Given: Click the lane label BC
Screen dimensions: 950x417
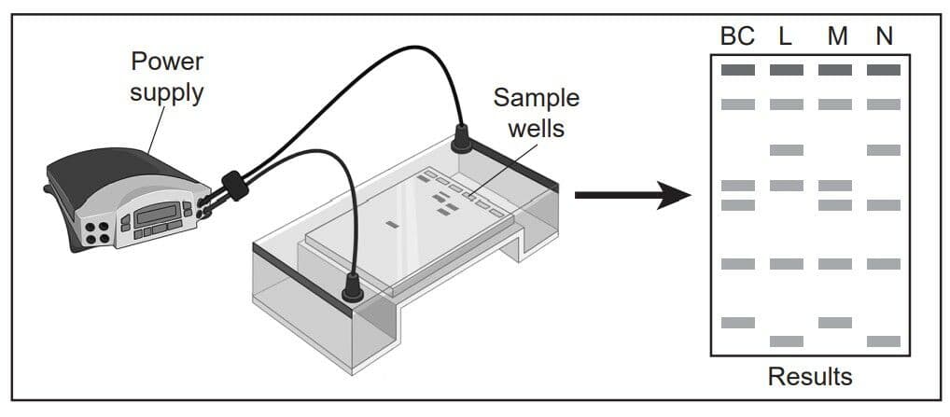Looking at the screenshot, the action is (737, 37).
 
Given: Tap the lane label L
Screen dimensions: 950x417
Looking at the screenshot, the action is (785, 37).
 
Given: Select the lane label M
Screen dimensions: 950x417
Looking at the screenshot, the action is (837, 37).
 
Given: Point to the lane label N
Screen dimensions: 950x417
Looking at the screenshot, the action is (884, 37).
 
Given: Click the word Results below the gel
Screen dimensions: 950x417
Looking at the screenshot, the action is (810, 377).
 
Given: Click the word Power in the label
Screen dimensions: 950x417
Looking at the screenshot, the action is (167, 62).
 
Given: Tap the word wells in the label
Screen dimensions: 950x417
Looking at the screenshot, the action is (537, 129).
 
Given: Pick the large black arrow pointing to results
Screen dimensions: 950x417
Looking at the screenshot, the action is (633, 195).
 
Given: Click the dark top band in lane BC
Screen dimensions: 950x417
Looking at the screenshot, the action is (738, 70).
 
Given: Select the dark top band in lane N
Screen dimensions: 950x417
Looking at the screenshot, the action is (884, 70).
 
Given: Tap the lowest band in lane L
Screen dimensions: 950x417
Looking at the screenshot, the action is (787, 341).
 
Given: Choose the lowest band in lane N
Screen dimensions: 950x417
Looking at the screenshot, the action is (884, 341).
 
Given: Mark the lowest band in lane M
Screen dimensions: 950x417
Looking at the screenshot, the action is (835, 323).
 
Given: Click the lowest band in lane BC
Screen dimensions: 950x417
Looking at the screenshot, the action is (738, 323).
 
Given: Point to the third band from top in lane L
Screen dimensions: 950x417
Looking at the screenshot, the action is (787, 150).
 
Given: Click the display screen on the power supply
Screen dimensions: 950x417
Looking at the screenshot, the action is (157, 213).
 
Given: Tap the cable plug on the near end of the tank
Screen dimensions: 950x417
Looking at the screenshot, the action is (353, 287).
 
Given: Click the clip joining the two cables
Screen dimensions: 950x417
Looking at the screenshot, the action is (235, 186).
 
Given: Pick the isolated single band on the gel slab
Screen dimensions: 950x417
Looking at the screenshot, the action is (392, 225).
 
